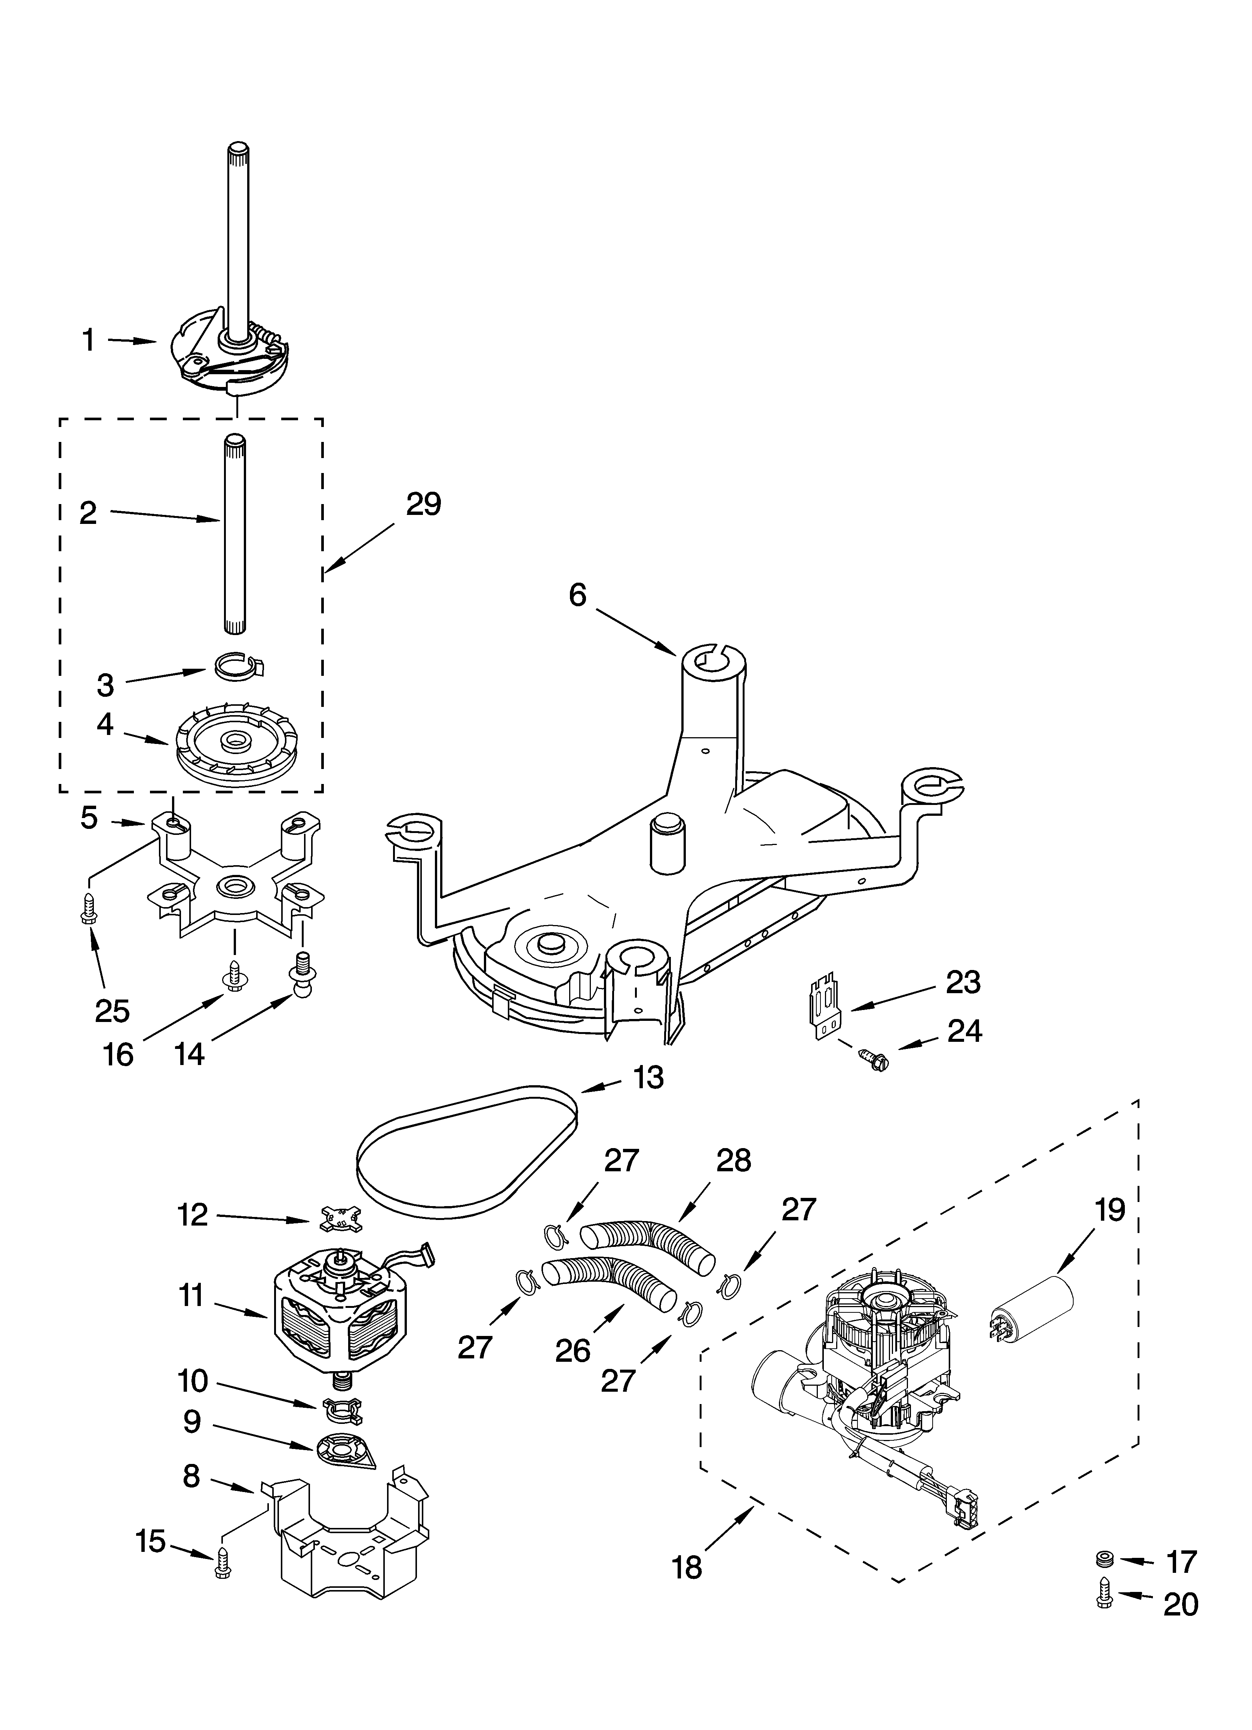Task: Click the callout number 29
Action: pyautogui.click(x=423, y=504)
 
